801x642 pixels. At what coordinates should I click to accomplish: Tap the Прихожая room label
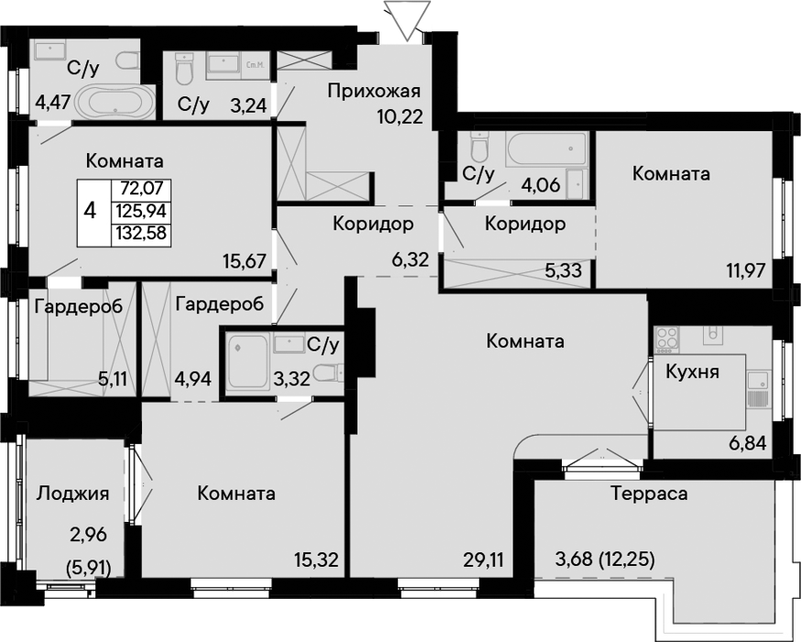tap(374, 91)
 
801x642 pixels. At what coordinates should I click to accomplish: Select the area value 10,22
tap(400, 117)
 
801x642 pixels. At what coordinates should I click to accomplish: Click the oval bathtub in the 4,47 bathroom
tap(115, 101)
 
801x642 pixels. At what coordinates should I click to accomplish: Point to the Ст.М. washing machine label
tap(253, 65)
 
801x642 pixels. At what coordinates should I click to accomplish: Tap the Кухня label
tap(692, 371)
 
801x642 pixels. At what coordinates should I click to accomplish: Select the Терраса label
tap(649, 493)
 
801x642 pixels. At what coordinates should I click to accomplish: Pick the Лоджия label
tap(72, 493)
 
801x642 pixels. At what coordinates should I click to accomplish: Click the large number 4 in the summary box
tap(90, 210)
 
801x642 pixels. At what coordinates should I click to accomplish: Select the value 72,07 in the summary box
tap(142, 189)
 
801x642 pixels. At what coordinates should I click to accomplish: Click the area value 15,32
tap(316, 559)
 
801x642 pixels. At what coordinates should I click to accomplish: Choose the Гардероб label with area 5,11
tap(79, 306)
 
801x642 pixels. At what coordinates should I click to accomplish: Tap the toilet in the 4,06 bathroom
tap(479, 146)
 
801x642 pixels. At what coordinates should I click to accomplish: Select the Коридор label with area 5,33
tap(524, 224)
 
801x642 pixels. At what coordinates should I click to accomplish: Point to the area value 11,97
tap(745, 270)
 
